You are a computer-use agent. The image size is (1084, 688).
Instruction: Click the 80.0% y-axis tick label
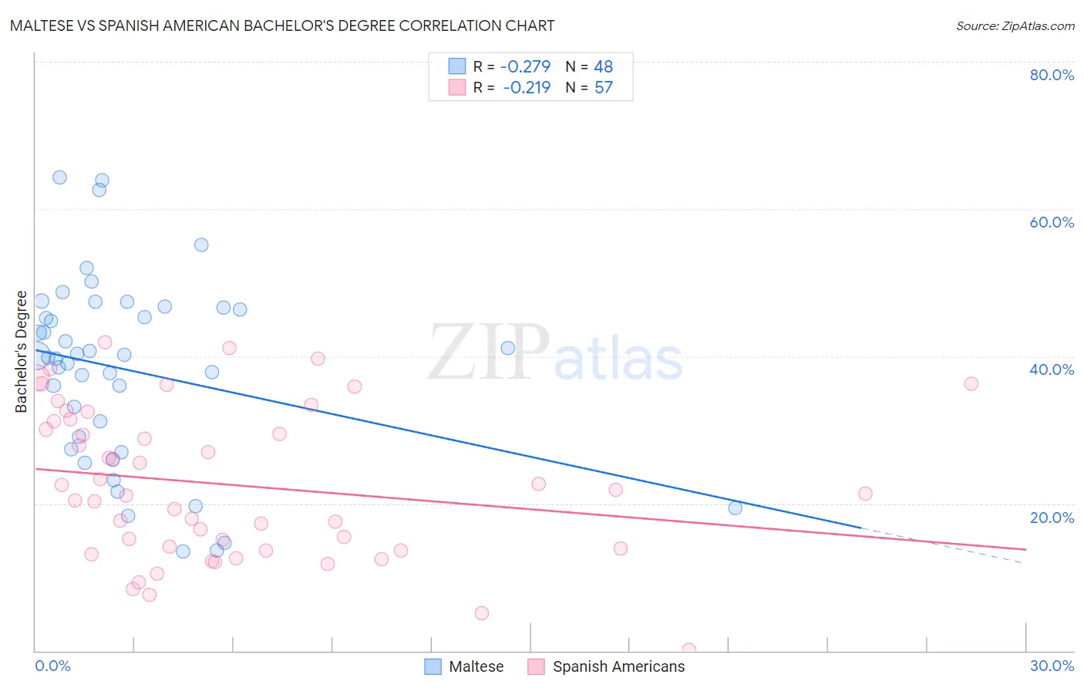1052,75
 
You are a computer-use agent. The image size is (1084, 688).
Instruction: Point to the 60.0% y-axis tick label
1052,222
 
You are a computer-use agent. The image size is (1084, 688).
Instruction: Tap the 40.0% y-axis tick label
1052,369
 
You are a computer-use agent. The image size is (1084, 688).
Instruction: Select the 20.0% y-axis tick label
1052,518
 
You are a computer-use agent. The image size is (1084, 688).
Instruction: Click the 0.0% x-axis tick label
52,666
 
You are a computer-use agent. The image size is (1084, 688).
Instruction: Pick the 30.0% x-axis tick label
1052,666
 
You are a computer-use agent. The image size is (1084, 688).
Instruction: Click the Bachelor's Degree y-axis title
21,352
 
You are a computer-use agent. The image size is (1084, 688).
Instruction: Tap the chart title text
282,25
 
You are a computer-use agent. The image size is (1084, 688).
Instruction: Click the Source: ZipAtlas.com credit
1015,26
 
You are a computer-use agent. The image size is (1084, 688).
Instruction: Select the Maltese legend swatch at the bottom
433,666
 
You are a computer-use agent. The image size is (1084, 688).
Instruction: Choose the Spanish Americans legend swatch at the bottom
537,666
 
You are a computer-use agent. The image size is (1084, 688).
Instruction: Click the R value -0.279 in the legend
525,66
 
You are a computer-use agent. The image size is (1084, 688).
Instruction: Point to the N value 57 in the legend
603,88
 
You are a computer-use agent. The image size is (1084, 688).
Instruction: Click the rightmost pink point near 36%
971,384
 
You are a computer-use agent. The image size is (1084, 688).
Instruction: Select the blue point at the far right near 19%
735,508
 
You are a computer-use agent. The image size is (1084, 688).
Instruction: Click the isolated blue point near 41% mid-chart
507,348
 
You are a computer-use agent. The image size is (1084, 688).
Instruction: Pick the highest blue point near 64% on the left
59,177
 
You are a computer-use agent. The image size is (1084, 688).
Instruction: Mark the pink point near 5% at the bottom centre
482,613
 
